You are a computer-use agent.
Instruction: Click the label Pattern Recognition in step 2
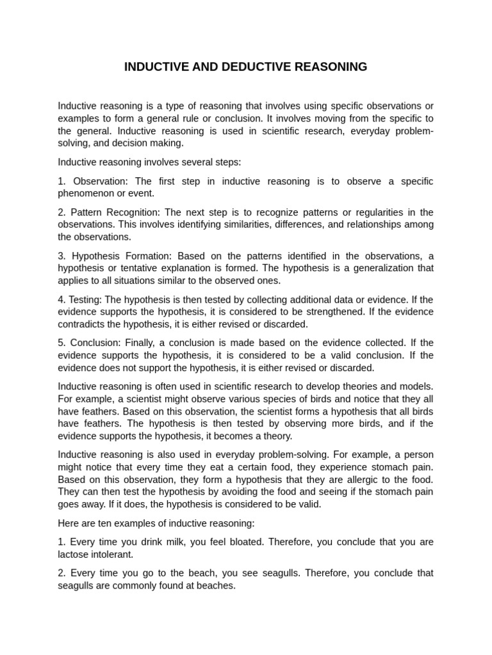117,212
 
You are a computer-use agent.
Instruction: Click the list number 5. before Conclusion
62,343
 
